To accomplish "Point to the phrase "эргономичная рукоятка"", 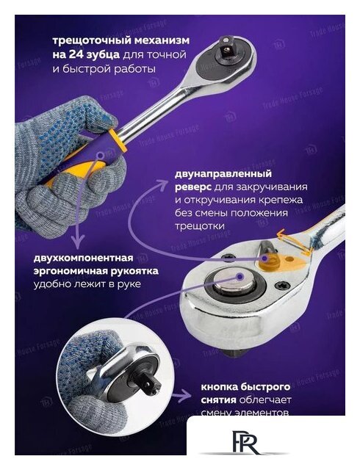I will pos(96,271).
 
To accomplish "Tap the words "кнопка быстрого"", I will pos(245,386).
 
